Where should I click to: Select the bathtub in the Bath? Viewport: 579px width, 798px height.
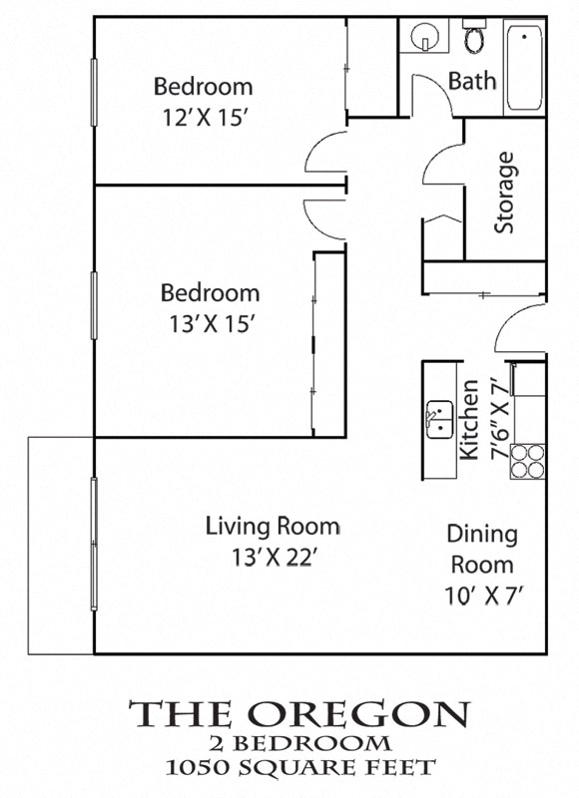coord(523,68)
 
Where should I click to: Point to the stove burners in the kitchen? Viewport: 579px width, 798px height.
coord(528,460)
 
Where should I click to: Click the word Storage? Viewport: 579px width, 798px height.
coord(505,192)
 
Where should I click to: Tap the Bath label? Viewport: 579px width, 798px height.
coord(472,81)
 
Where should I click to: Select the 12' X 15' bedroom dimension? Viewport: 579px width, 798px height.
coord(205,116)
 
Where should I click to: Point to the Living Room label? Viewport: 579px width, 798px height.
coord(273,526)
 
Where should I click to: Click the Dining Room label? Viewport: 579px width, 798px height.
coord(481,549)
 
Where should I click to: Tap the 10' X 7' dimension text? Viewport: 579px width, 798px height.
coord(485,597)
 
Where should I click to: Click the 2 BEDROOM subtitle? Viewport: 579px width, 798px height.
coord(298,743)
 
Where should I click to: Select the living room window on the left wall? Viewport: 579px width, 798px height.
coord(95,544)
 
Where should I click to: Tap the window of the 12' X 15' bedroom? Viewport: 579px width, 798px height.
coord(95,100)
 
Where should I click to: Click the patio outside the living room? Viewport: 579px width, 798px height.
coord(61,545)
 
